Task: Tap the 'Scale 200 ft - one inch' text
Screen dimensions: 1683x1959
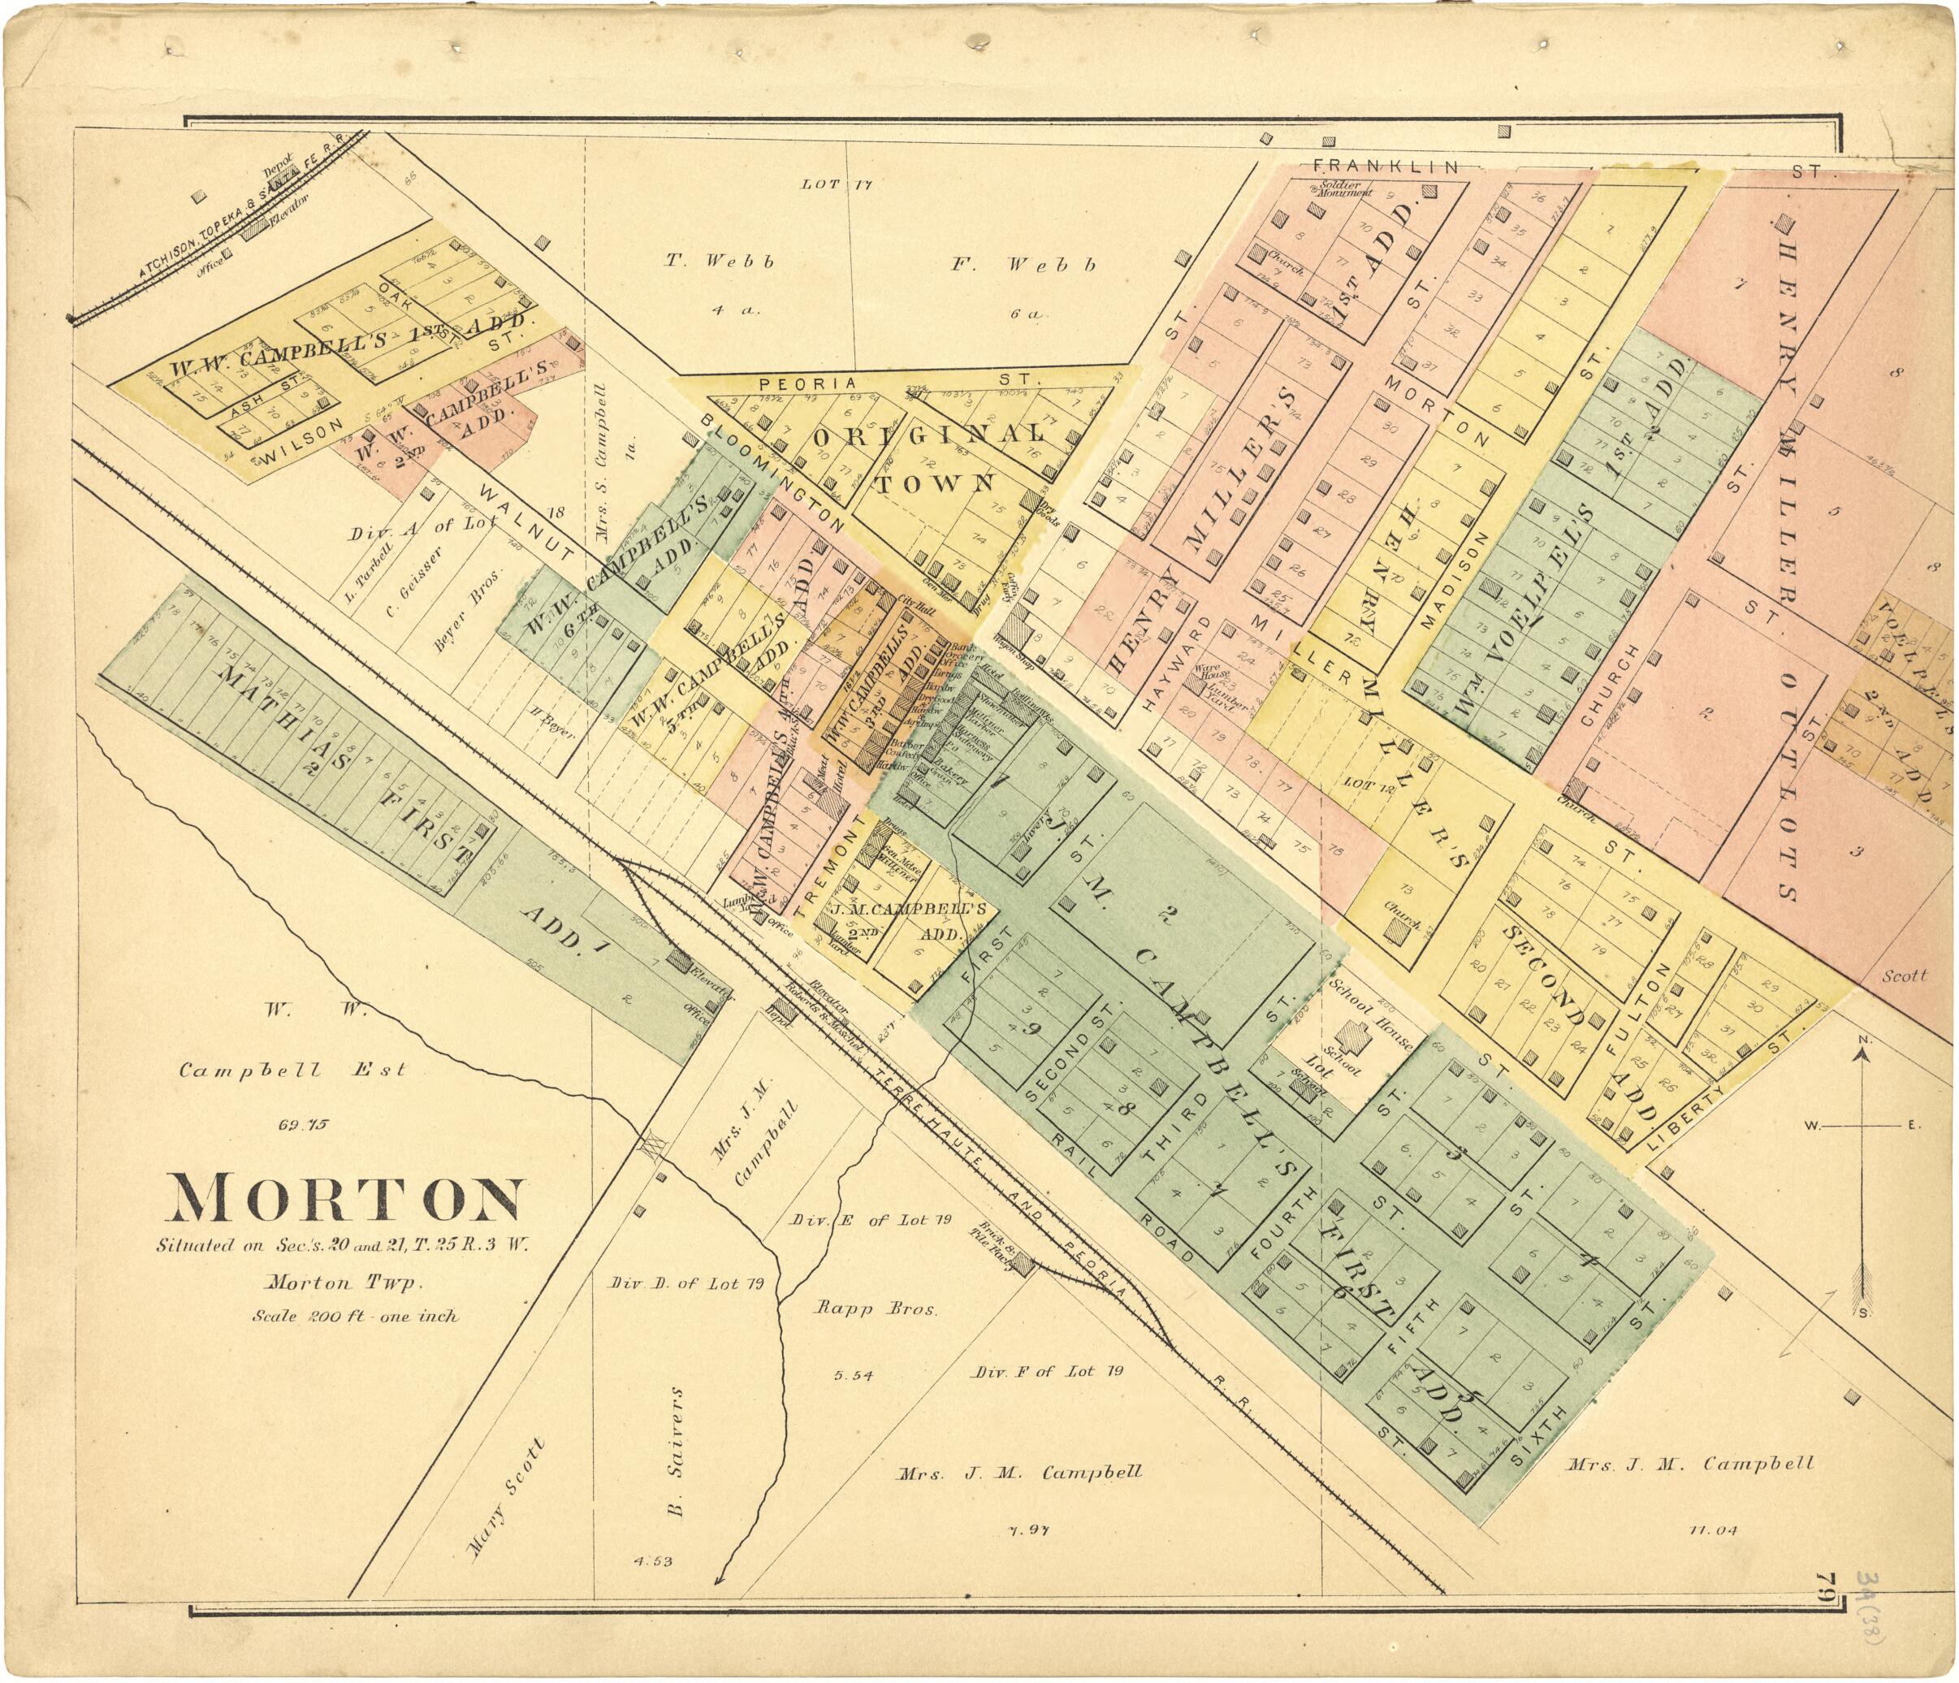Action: [x=356, y=1315]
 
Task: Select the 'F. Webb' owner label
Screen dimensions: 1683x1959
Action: [x=1024, y=265]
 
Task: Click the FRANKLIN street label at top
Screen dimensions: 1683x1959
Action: [x=1386, y=167]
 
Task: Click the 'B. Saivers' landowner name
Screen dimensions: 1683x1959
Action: [x=675, y=1452]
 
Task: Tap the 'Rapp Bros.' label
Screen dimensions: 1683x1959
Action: [x=876, y=1310]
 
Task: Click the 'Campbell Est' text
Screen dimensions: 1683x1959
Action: [x=293, y=1071]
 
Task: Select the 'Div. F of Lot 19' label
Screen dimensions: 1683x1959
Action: [x=1048, y=1371]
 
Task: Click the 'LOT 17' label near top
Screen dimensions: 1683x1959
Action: [x=837, y=184]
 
